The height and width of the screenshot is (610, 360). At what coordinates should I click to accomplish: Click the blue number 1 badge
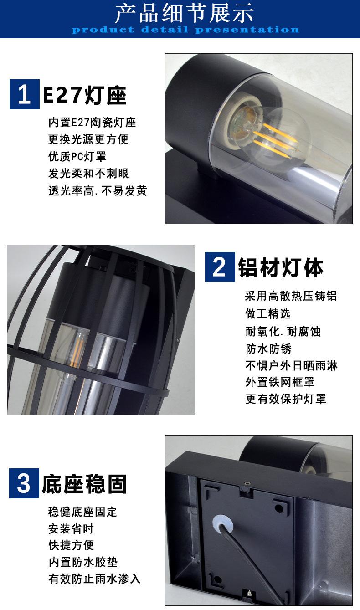[25, 94]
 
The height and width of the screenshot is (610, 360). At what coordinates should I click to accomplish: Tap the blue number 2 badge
[220, 267]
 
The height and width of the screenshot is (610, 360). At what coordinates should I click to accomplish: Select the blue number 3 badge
[24, 483]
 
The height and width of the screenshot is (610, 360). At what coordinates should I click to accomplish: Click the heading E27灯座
[85, 95]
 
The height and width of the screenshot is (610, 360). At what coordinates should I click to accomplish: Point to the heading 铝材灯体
[281, 268]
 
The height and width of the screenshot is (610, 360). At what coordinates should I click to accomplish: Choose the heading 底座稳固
[84, 484]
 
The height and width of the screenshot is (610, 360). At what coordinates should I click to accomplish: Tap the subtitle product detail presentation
[185, 30]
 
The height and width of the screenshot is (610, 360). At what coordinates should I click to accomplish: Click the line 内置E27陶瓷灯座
[92, 123]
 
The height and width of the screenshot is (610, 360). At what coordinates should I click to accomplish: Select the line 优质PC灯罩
[77, 157]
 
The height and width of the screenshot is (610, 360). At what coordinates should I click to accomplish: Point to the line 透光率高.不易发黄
[98, 190]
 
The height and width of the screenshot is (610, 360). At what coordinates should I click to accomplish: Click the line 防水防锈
[268, 349]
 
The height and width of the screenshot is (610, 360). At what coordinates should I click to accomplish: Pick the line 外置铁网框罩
[280, 382]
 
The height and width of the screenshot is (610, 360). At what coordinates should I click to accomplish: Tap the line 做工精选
[268, 314]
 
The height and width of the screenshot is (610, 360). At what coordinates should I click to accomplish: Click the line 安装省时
[71, 528]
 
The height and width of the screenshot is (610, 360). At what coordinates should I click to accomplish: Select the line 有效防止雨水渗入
[94, 579]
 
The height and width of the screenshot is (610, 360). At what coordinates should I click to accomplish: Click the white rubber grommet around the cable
[222, 523]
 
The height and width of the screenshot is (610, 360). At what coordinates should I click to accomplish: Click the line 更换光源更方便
[88, 139]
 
